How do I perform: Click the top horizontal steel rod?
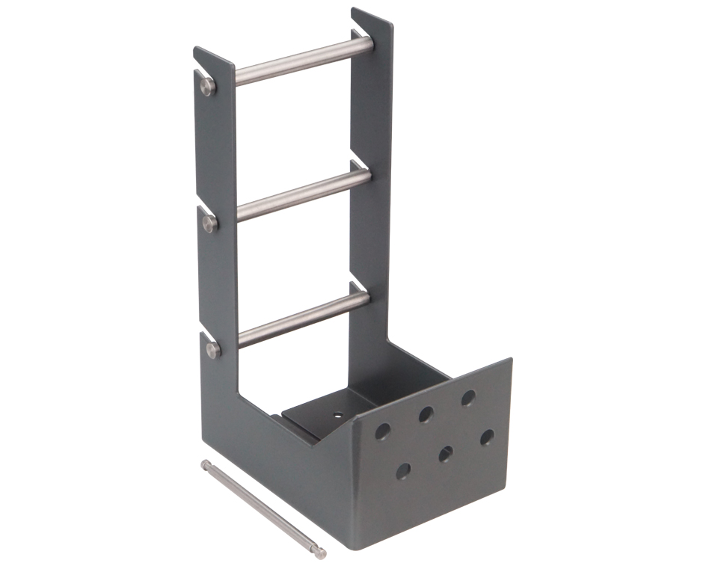303,62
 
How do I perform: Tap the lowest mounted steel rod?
303,319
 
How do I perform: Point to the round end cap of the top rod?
208,87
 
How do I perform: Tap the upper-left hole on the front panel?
383,431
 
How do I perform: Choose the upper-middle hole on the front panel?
427,413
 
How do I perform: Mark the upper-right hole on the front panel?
468,397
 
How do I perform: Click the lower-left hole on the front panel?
403,471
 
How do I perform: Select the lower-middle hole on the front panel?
447,453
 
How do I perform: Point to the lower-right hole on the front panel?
488,436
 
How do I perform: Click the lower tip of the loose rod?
320,554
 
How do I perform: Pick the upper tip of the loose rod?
205,464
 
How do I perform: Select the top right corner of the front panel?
511,360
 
